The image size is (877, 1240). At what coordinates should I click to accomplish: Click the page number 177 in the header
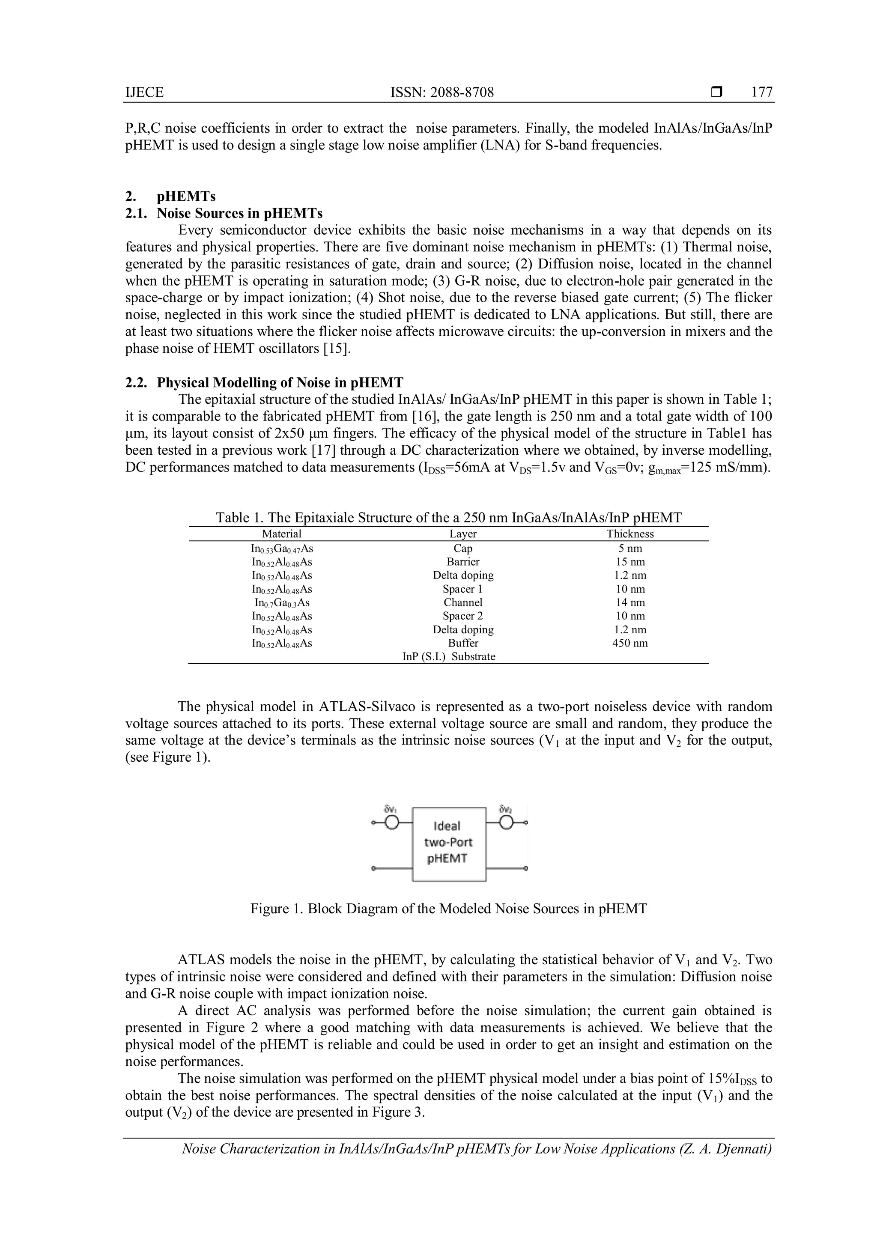pyautogui.click(x=761, y=92)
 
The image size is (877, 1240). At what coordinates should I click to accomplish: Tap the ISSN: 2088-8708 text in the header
pyautogui.click(x=442, y=92)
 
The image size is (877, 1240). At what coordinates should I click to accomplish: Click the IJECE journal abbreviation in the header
pyautogui.click(x=144, y=92)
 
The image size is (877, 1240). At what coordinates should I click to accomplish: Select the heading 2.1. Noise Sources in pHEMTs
pyautogui.click(x=224, y=213)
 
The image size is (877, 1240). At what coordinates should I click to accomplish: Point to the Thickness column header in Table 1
pyautogui.click(x=629, y=534)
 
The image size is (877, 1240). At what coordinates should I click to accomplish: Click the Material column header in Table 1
pyautogui.click(x=281, y=534)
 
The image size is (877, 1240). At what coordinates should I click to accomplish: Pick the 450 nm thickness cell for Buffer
pyautogui.click(x=629, y=643)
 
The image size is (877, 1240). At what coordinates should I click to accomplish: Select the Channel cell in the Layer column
pyautogui.click(x=463, y=602)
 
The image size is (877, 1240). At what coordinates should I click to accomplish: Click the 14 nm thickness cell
pyautogui.click(x=629, y=602)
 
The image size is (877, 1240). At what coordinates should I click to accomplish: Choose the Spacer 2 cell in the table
pyautogui.click(x=463, y=616)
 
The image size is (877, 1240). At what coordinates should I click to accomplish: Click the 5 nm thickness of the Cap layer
pyautogui.click(x=629, y=548)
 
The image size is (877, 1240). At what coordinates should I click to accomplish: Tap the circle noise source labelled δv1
pyautogui.click(x=393, y=823)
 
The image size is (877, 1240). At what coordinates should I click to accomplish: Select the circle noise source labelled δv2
pyautogui.click(x=506, y=823)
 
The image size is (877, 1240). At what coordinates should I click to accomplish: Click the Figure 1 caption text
pyautogui.click(x=448, y=909)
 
